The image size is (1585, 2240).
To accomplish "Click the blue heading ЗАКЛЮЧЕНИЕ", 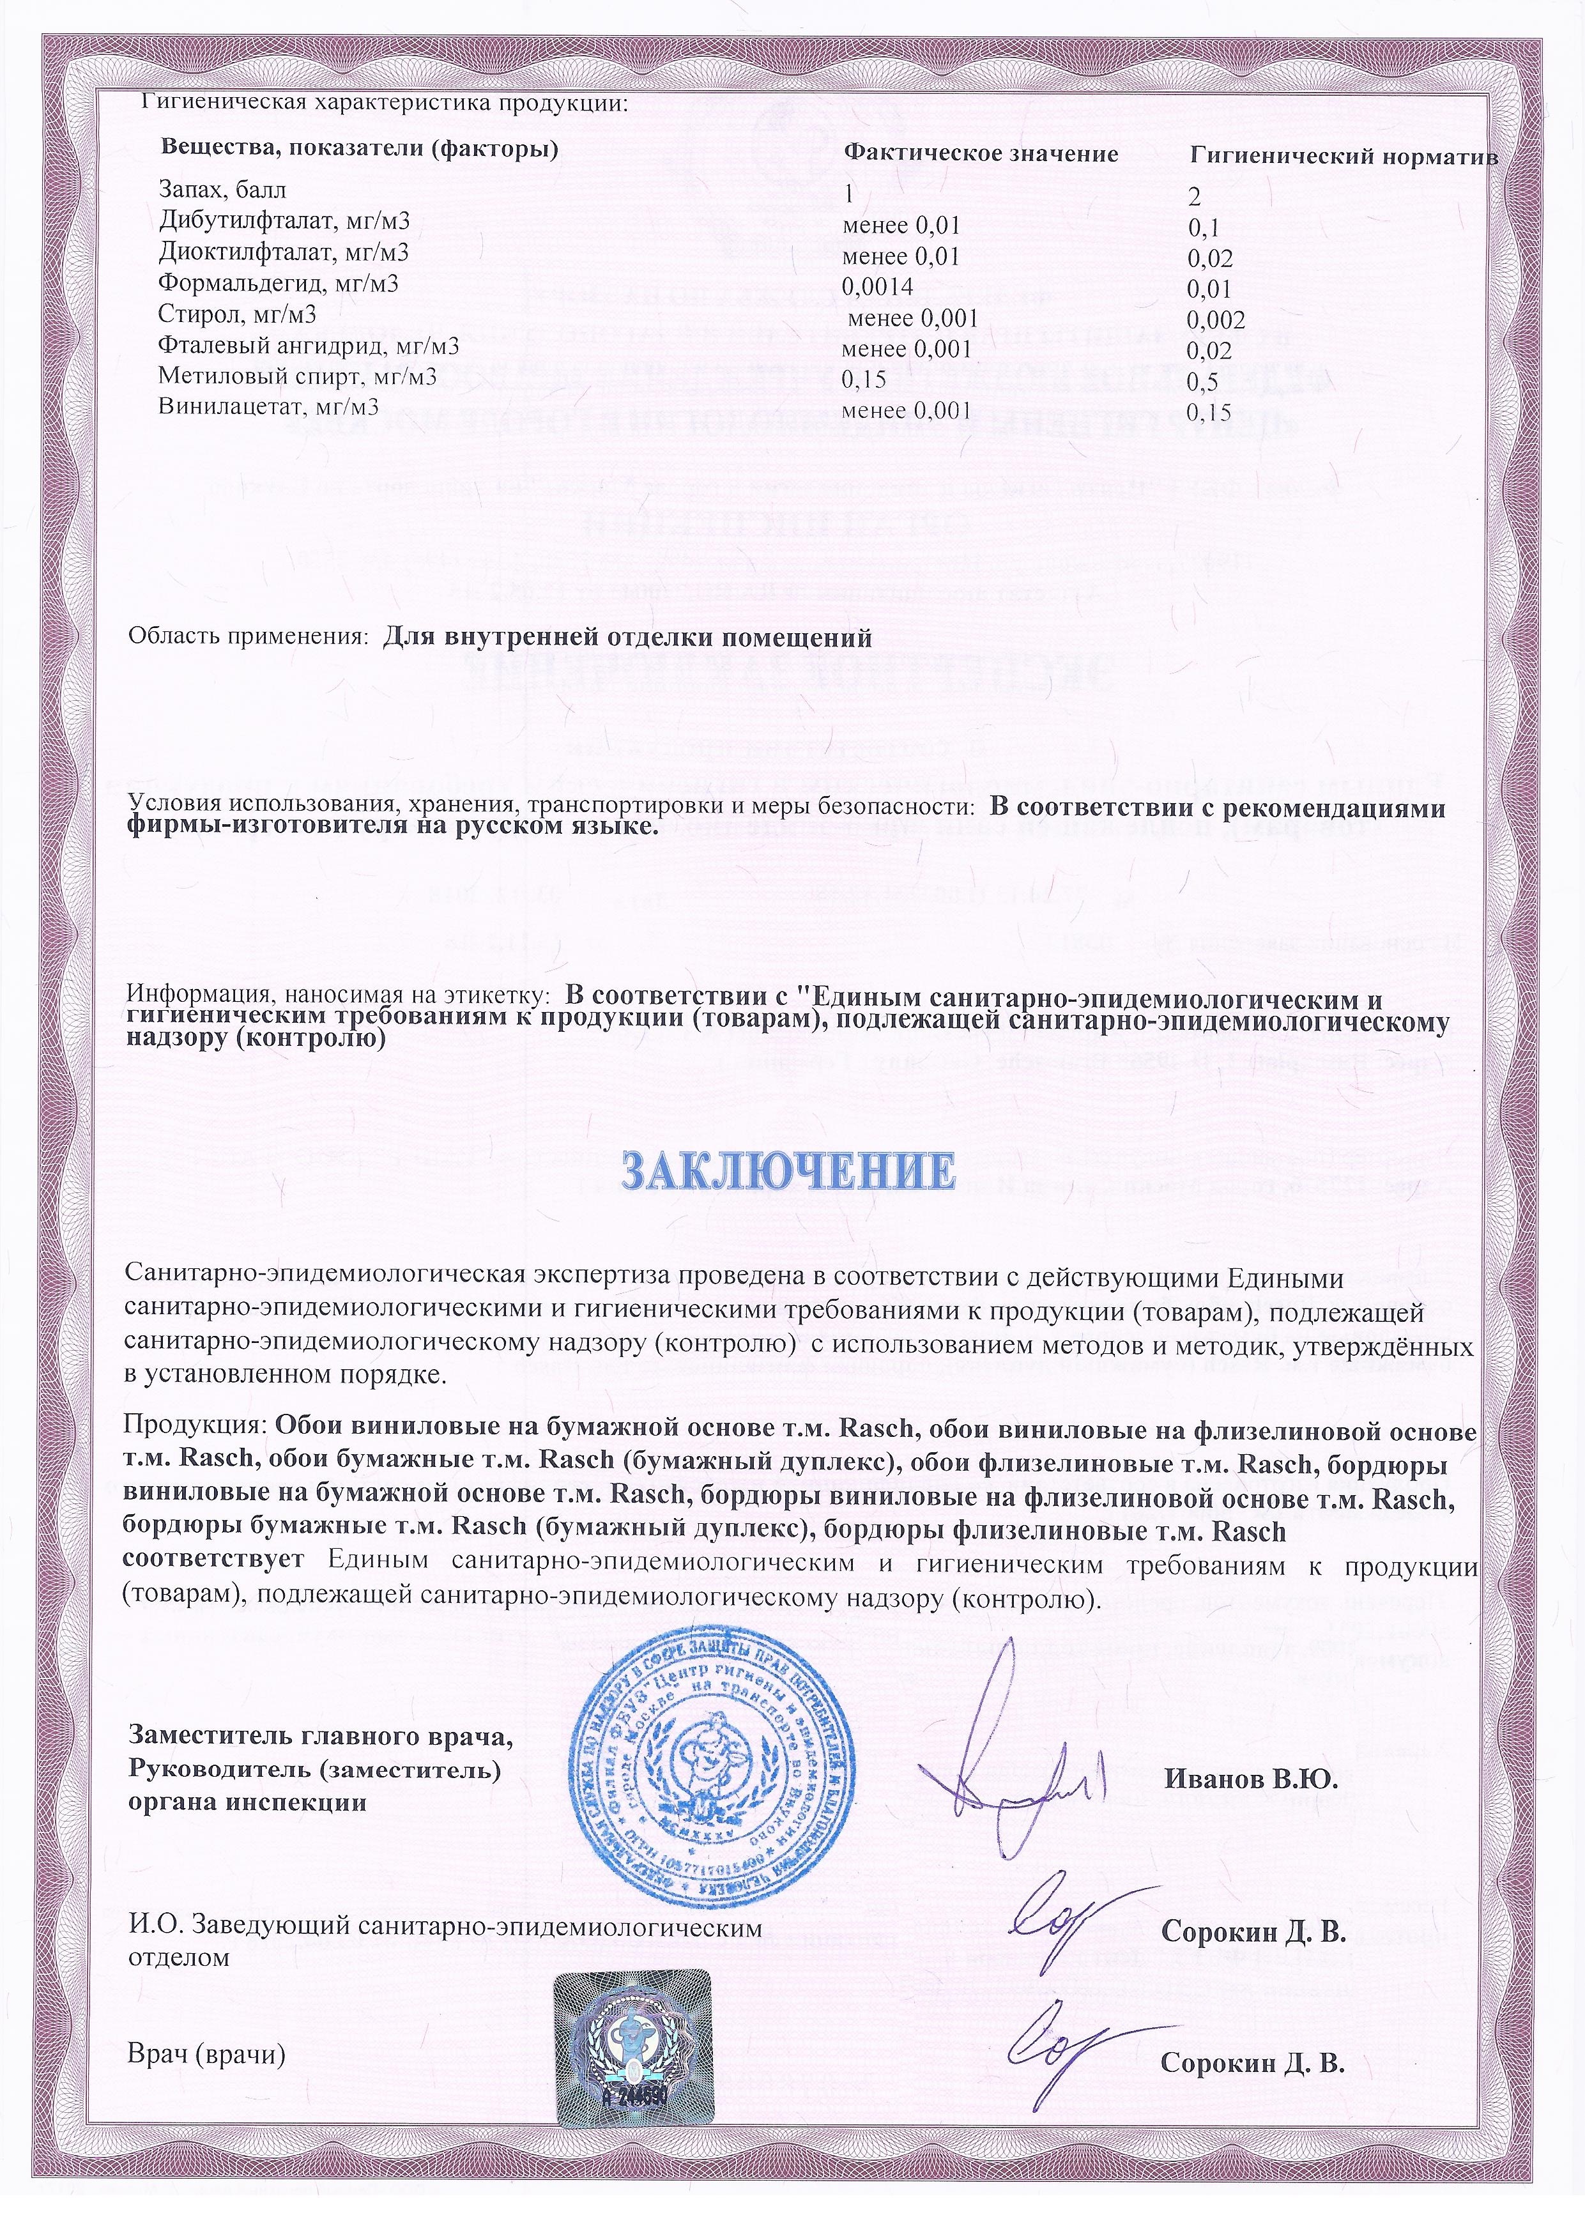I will point(788,1170).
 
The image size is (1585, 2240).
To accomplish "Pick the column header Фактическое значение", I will point(981,153).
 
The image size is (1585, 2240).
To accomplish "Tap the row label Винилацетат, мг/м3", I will point(268,407).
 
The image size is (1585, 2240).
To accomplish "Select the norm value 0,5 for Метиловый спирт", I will point(1202,381).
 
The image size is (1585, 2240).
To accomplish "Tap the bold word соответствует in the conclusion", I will point(215,1560).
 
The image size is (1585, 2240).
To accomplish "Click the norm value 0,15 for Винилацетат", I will point(1208,412).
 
